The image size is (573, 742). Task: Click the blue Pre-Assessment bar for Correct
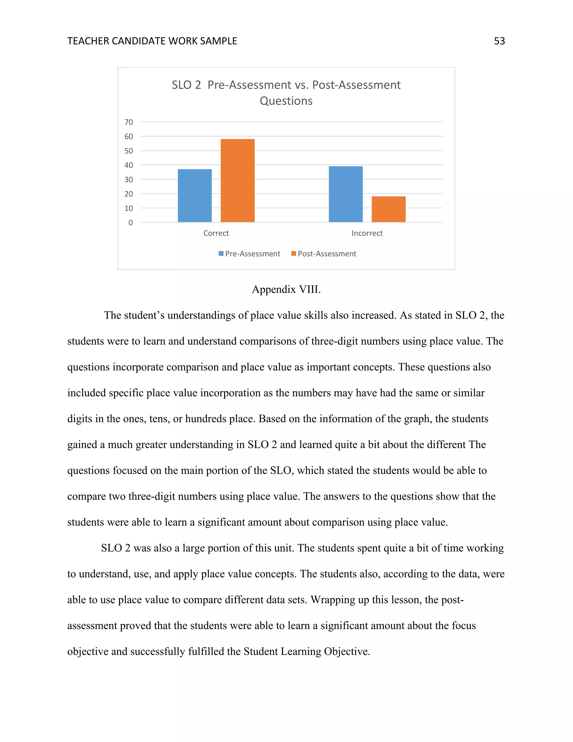(194, 196)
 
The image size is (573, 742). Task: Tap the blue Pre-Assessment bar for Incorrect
(346, 194)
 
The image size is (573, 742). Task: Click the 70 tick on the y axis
(129, 122)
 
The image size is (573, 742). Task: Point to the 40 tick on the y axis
(129, 165)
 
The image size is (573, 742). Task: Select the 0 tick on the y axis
(130, 223)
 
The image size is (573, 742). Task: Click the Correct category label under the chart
(216, 233)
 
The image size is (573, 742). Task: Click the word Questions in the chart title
(286, 101)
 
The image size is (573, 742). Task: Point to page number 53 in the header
(499, 41)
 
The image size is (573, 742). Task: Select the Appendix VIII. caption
(286, 290)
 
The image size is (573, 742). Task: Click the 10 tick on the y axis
(129, 208)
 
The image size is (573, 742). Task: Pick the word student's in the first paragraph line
(143, 315)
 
